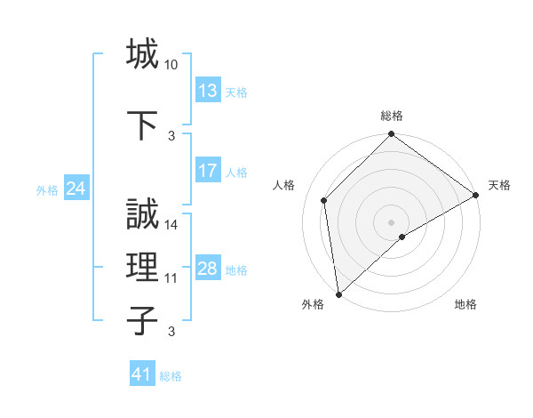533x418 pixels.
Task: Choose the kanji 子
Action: coord(143,320)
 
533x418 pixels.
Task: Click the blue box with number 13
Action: coord(208,91)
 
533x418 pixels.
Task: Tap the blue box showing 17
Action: coord(208,171)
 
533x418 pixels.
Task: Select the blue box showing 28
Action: coord(208,269)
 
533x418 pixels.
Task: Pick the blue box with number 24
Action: coord(76,189)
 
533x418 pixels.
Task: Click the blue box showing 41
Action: coord(142,374)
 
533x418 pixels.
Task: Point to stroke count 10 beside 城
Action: coord(171,66)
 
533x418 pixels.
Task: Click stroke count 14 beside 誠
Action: coord(171,225)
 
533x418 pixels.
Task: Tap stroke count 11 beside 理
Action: coord(171,278)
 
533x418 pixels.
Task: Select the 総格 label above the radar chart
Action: coord(392,116)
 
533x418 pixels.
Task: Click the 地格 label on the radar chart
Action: coord(465,305)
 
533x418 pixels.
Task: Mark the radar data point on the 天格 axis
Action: coord(476,196)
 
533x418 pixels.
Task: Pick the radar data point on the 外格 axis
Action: coord(338,293)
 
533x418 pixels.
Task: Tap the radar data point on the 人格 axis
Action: coord(324,200)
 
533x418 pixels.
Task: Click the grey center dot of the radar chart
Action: coord(391,221)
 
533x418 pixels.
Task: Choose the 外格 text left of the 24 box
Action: coord(47,189)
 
